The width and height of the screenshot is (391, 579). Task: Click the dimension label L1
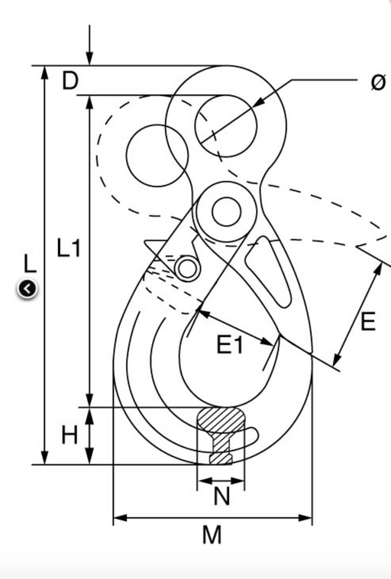69,247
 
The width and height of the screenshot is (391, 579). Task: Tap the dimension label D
70,81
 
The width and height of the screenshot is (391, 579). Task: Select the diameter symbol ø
378,82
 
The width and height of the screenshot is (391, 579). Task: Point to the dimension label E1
230,345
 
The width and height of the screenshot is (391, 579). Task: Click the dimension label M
212,535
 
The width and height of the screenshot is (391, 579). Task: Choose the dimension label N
221,496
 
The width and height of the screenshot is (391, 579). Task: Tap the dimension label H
69,435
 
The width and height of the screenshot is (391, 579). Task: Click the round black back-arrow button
27,289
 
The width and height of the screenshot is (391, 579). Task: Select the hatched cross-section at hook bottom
221,435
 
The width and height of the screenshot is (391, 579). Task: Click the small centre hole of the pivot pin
226,212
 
